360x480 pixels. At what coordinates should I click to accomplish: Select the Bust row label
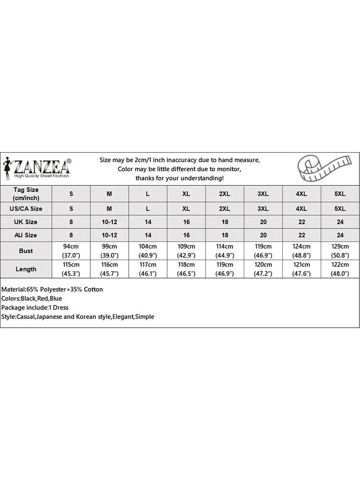pos(26,251)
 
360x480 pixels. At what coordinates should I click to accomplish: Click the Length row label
pos(26,269)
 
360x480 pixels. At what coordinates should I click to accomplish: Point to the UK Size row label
pos(26,222)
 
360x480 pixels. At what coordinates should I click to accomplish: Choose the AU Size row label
pos(26,235)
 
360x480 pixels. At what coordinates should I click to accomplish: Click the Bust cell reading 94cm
pos(71,251)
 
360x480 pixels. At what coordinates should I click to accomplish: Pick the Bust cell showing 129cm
pos(340,251)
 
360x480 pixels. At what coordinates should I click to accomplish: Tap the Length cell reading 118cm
pos(186,269)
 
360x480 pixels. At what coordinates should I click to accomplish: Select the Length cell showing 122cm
pos(340,269)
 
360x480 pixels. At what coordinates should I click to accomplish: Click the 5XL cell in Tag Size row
pos(340,193)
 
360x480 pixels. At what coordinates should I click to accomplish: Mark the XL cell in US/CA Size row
pos(186,209)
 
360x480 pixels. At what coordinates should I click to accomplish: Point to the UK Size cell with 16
pos(186,222)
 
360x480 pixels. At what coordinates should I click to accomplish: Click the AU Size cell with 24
pos(340,235)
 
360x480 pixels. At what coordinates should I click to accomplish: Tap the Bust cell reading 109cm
pos(186,251)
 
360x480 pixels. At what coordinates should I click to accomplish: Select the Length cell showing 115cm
pos(71,269)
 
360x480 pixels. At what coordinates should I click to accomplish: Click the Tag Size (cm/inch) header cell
pos(26,193)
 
